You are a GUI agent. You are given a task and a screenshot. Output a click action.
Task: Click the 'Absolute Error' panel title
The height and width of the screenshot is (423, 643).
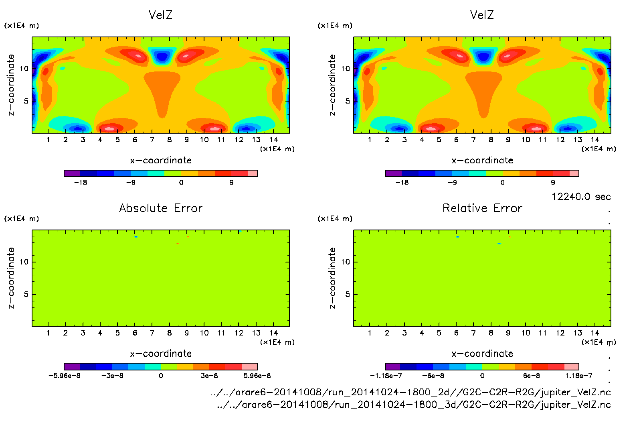[161, 208]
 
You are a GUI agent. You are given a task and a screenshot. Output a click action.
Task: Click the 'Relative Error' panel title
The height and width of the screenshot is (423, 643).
[482, 208]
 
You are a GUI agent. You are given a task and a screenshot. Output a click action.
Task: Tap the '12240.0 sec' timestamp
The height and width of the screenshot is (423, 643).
[581, 197]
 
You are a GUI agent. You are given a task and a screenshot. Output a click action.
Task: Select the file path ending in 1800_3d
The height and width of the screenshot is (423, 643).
[413, 405]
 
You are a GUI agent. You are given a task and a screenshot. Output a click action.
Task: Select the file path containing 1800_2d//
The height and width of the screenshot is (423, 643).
[410, 392]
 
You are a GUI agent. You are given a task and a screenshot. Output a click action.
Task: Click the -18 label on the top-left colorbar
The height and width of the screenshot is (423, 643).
[81, 183]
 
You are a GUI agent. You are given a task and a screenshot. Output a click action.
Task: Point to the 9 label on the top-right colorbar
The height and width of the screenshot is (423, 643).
[553, 183]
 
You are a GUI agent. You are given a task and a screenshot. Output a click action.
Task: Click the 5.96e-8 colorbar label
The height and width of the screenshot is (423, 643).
[257, 376]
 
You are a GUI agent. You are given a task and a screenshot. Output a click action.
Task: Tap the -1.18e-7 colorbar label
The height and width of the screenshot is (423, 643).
[386, 376]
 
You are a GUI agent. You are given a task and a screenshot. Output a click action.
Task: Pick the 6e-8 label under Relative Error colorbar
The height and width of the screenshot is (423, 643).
[531, 376]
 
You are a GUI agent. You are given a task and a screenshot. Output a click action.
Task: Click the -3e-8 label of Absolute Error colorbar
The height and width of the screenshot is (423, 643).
[112, 376]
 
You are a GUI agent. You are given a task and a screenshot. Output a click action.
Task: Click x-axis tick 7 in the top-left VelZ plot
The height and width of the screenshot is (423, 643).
[152, 140]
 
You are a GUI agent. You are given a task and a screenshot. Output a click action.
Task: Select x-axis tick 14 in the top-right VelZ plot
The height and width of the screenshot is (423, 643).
[595, 140]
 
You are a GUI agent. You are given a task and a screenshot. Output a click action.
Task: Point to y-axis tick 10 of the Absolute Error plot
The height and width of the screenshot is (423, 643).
[24, 262]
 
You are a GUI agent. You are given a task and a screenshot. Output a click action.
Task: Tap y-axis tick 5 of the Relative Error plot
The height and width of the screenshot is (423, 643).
[348, 294]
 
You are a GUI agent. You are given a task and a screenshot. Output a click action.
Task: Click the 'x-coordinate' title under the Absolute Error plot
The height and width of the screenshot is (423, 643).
[161, 354]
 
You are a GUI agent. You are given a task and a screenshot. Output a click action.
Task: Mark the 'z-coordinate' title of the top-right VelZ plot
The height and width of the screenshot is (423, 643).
[332, 85]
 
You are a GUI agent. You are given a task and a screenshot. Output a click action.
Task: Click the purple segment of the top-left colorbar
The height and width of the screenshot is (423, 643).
[72, 173]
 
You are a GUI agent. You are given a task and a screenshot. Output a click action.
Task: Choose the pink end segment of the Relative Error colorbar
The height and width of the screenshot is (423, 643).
[571, 366]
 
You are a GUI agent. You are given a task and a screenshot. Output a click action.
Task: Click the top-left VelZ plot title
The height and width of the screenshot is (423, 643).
[160, 15]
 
